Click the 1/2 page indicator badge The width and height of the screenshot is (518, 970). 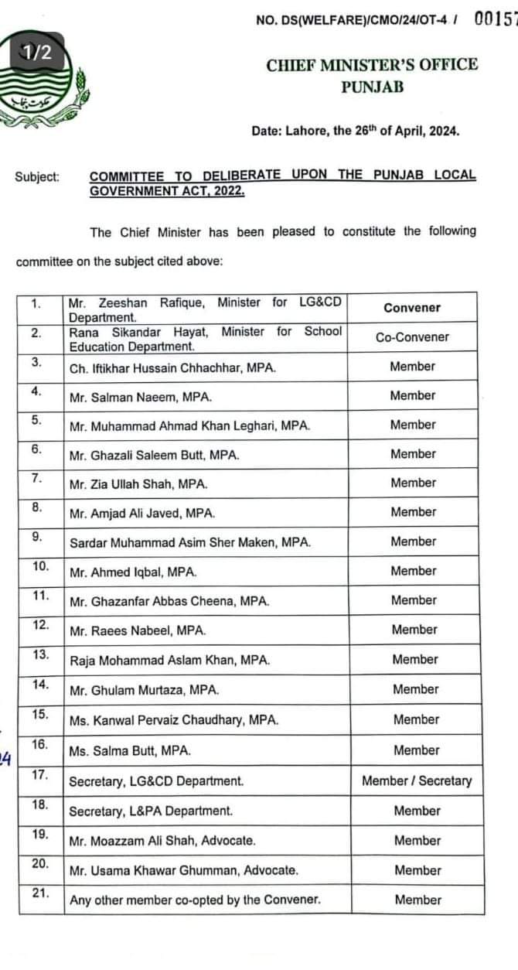pyautogui.click(x=36, y=52)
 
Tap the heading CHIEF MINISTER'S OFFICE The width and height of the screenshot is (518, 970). pyautogui.click(x=372, y=66)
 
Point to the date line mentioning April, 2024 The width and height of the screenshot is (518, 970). pyautogui.click(x=355, y=131)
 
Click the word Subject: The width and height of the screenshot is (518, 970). pyautogui.click(x=37, y=177)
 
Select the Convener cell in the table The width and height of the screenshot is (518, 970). pyautogui.click(x=412, y=308)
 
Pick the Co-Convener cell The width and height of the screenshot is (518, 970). pyautogui.click(x=412, y=337)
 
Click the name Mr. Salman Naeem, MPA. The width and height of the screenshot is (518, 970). pyautogui.click(x=140, y=397)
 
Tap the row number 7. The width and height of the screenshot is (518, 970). pyautogui.click(x=36, y=479)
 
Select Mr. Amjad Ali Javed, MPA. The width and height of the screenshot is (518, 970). pyautogui.click(x=142, y=514)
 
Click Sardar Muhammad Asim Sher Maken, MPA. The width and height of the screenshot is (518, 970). pyautogui.click(x=190, y=543)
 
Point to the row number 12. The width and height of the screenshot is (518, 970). pyautogui.click(x=40, y=625)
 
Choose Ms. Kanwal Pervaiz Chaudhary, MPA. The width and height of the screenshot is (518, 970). pyautogui.click(x=174, y=720)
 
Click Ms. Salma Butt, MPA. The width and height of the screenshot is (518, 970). pyautogui.click(x=130, y=750)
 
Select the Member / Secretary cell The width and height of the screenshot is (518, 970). pyautogui.click(x=416, y=780)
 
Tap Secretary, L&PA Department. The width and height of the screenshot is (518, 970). pyautogui.click(x=151, y=811)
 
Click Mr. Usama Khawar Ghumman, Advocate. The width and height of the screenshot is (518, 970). pyautogui.click(x=183, y=871)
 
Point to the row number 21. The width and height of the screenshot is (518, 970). pyautogui.click(x=40, y=893)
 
